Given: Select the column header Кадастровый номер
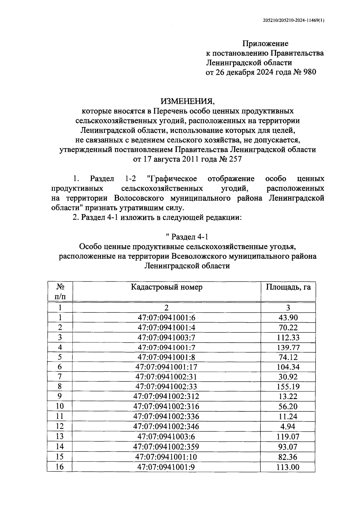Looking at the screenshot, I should (x=166, y=287).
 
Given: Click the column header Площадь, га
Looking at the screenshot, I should (x=288, y=287).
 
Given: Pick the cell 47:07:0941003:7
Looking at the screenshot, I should (x=166, y=337).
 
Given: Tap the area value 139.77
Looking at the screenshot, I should (x=288, y=347).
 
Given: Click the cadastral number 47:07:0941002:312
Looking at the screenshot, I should (x=166, y=396).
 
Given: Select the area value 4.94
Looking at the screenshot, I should (x=288, y=426).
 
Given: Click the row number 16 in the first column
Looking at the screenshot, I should (x=60, y=467).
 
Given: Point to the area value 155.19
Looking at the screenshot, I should (x=288, y=387).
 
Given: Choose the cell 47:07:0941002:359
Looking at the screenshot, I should (x=166, y=447).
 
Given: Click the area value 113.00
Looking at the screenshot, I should (x=288, y=467).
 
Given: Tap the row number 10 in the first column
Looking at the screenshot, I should (x=60, y=406).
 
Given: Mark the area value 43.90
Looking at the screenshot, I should (x=288, y=318).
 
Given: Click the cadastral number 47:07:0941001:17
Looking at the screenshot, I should (x=166, y=367).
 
